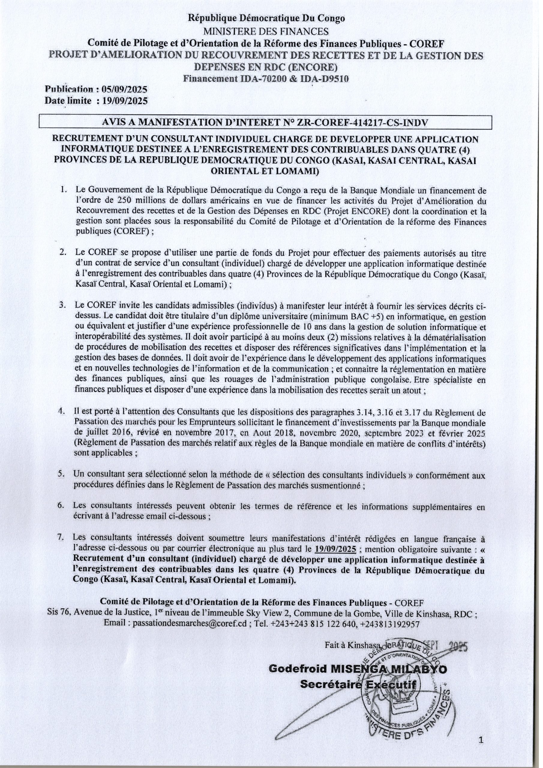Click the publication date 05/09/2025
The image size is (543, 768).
[125, 90]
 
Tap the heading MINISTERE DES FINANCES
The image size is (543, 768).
[266, 31]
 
